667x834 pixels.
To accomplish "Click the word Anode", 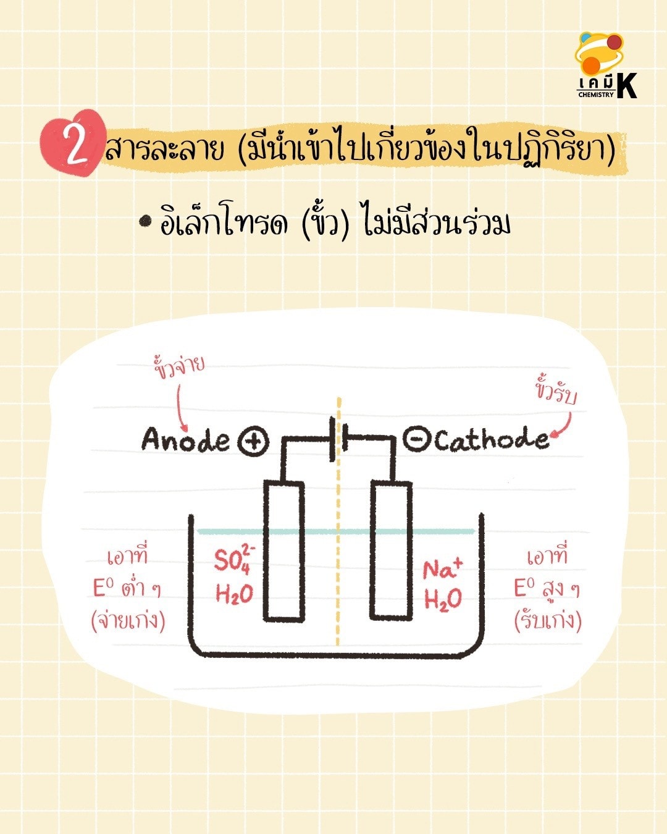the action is tap(185, 439).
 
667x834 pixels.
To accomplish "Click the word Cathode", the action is tap(492, 439).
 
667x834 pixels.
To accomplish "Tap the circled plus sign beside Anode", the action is tap(253, 440).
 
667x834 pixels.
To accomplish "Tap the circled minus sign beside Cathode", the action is tap(417, 439).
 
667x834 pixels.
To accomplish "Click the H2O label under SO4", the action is tap(234, 594).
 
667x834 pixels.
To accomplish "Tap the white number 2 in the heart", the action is tap(77, 145).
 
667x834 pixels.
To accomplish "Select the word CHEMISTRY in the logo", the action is tap(596, 95).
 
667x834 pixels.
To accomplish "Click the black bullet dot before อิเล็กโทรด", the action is tap(146, 221).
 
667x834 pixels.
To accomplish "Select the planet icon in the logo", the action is tap(599, 54).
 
